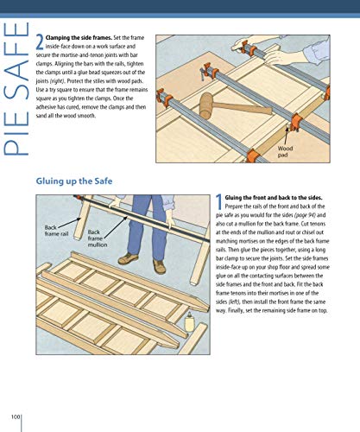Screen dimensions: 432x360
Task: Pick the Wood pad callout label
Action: click(x=308, y=153)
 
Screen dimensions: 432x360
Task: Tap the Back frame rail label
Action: click(x=56, y=231)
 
